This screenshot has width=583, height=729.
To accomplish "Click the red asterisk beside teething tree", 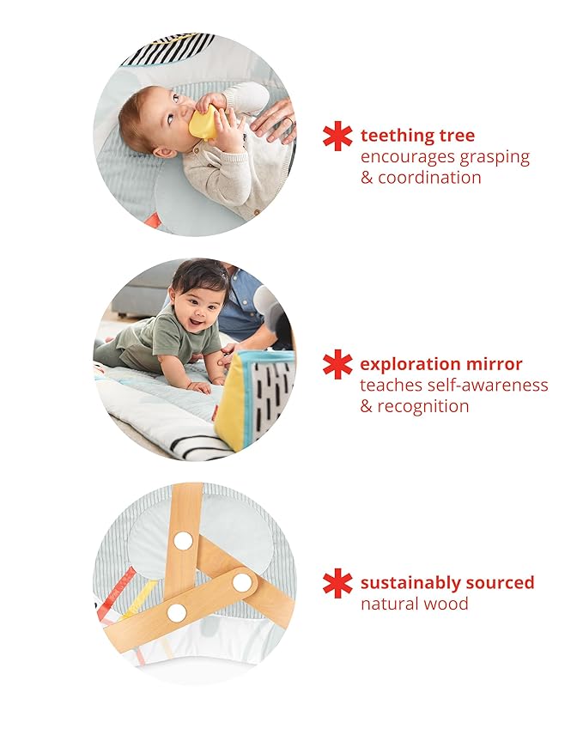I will (337, 136).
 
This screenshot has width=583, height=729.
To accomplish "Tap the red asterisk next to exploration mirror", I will (337, 364).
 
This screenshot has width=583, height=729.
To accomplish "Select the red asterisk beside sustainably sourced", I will (337, 583).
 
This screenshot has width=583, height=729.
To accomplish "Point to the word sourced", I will (504, 583).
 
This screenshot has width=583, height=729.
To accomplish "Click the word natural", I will (388, 604).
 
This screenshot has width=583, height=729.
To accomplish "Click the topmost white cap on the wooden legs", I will (183, 540).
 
